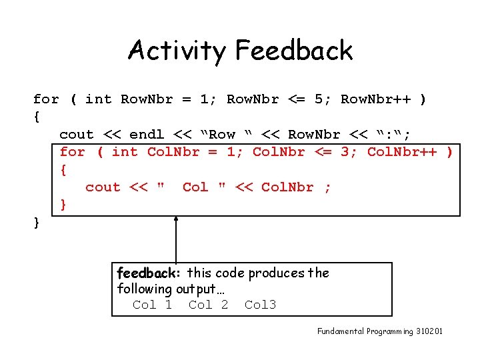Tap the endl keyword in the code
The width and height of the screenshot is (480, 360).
147,135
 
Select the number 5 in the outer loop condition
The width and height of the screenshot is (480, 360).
319,99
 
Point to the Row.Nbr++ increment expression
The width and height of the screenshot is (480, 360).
375,99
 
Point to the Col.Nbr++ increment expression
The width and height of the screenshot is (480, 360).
402,152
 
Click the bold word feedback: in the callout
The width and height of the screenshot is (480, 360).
149,273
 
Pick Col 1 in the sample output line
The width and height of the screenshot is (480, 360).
153,305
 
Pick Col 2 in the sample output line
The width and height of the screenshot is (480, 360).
209,305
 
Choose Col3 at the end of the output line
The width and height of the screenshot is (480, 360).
260,305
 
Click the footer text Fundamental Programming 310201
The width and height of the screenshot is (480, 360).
379,331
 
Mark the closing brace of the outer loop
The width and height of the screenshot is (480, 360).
37,223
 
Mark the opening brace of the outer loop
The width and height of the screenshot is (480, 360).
37,117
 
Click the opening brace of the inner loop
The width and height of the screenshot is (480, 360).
63,170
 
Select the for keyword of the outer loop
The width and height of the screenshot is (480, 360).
46,99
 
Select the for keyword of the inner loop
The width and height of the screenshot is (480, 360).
72,152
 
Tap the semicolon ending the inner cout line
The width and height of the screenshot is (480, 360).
327,187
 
